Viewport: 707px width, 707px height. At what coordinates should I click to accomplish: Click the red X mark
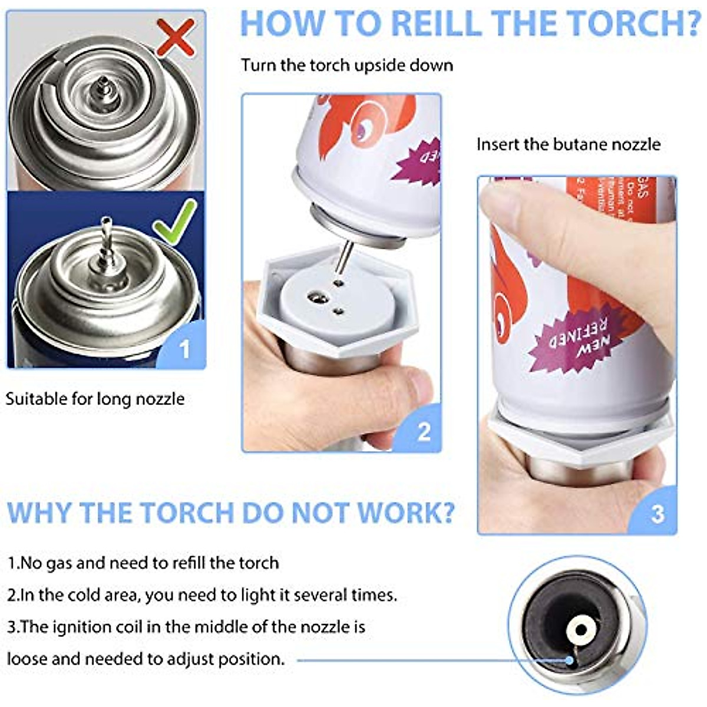[x=176, y=37]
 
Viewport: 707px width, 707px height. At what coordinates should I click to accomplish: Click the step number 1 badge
[x=184, y=349]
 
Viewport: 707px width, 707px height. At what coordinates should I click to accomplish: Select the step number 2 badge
[x=423, y=432]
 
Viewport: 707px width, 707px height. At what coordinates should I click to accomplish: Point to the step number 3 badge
[x=658, y=514]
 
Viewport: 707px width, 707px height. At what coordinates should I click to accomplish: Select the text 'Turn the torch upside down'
[x=347, y=65]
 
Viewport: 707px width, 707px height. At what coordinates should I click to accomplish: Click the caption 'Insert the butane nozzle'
[x=569, y=144]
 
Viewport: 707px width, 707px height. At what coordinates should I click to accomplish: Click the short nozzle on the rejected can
[x=103, y=86]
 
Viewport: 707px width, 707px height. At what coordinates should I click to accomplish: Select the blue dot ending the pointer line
[x=569, y=660]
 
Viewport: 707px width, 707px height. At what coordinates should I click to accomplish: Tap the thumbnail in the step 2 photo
[x=420, y=386]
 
